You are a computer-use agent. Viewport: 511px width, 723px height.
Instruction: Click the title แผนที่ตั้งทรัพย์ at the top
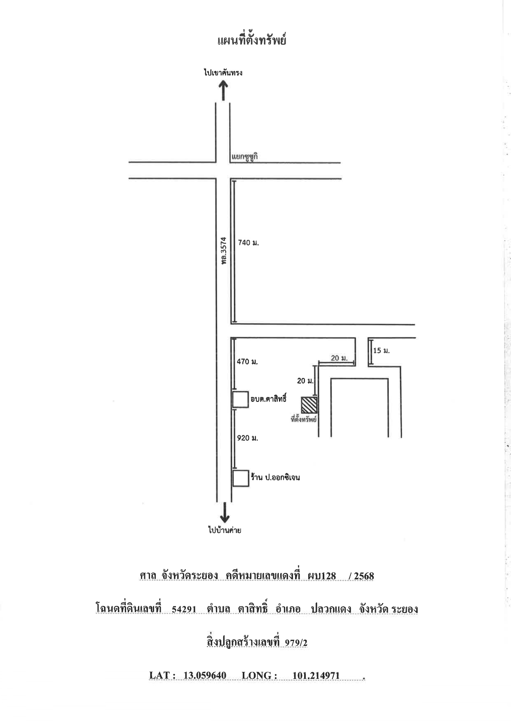[251, 40]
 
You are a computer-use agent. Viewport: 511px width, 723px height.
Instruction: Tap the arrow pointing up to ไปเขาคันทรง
[223, 90]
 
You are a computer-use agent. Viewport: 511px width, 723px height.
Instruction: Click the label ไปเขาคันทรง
[223, 73]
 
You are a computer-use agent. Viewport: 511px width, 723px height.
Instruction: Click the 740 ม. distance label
[248, 243]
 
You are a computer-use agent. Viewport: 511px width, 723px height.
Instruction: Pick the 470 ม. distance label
[247, 361]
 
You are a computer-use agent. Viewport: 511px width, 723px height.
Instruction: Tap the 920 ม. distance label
[247, 438]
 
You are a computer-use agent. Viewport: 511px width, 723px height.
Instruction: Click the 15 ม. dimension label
[381, 351]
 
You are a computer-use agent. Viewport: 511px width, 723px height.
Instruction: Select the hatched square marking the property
[309, 405]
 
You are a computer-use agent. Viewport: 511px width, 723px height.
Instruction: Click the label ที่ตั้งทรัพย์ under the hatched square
[304, 419]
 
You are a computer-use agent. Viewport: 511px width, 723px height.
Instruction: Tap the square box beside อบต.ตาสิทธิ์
[241, 399]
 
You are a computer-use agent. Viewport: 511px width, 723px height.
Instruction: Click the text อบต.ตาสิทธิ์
[268, 399]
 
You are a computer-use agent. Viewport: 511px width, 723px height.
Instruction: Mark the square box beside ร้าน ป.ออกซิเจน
[241, 478]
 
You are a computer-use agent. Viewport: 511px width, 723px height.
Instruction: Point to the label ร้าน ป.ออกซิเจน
[275, 478]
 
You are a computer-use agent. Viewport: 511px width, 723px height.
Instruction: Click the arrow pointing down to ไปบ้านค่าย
[225, 512]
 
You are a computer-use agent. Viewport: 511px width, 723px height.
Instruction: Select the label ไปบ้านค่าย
[224, 530]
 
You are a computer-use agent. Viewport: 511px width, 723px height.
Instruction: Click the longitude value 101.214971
[316, 676]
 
